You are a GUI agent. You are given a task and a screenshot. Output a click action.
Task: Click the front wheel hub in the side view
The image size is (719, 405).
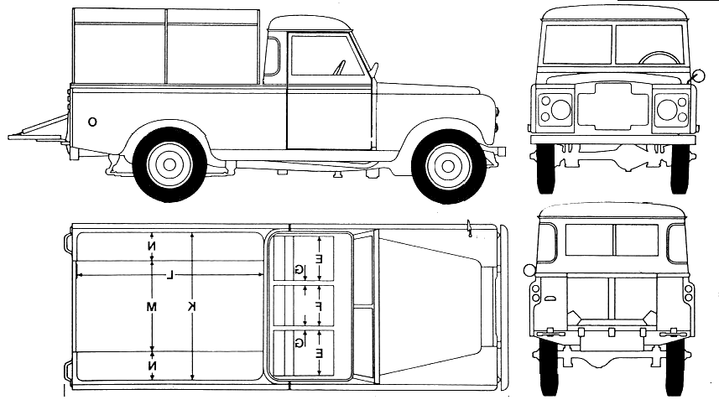(x=448, y=166)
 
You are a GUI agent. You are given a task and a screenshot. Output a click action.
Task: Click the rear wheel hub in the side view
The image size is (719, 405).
(x=169, y=164)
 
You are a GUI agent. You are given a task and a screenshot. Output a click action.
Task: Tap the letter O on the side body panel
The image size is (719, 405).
(x=92, y=122)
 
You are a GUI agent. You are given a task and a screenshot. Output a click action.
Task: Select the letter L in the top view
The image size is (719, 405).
(x=169, y=275)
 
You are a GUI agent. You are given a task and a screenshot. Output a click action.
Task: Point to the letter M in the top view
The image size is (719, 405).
(x=152, y=307)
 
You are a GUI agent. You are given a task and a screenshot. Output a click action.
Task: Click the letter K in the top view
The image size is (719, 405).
(x=191, y=307)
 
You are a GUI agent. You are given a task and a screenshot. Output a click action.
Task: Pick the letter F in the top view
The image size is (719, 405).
(x=318, y=307)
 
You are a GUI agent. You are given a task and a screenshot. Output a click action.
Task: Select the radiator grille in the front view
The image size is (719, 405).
(x=612, y=105)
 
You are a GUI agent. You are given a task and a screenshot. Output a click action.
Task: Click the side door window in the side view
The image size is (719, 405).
(x=327, y=55)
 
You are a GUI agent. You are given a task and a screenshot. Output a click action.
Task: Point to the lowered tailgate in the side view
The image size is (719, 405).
(x=39, y=130)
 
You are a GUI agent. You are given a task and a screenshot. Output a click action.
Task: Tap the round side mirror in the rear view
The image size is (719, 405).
(x=529, y=270)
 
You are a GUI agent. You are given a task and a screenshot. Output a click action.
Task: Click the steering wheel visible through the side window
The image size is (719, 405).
(x=339, y=67)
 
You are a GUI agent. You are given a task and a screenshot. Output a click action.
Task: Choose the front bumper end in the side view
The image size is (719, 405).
(x=501, y=151)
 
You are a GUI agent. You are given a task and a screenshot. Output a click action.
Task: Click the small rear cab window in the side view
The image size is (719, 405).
(x=272, y=56)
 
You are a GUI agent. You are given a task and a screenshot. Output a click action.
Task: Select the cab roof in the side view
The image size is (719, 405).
(x=310, y=23)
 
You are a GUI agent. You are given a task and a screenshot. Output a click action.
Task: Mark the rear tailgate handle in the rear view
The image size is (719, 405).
(x=550, y=299)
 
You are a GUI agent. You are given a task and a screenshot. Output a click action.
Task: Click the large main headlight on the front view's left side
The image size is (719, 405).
(x=560, y=109)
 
